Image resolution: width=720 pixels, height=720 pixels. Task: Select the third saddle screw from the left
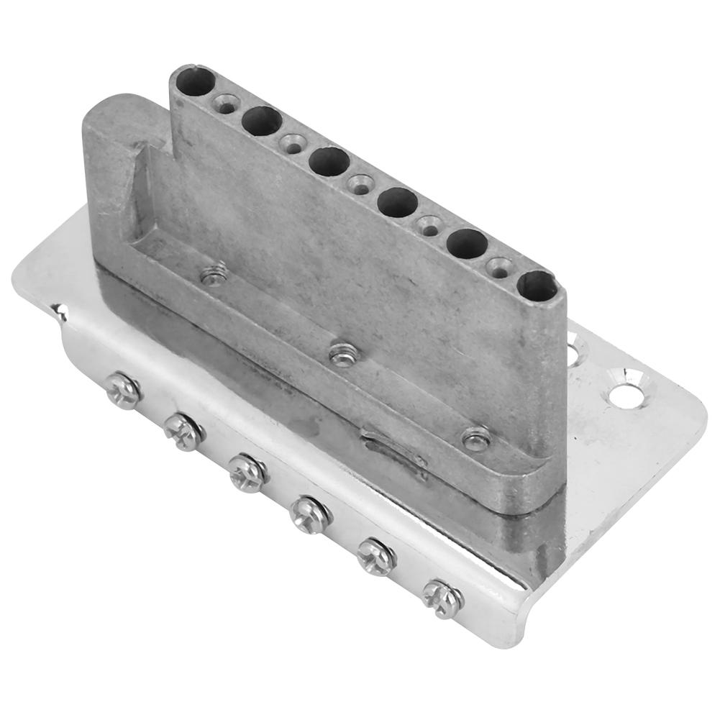248,473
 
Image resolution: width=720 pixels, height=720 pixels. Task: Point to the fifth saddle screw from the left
376,555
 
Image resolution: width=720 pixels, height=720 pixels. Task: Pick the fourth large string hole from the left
398,202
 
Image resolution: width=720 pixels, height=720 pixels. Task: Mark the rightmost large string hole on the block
537,286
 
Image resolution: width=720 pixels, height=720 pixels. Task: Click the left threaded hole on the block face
213,274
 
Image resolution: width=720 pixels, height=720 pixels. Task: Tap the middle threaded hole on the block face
342,354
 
